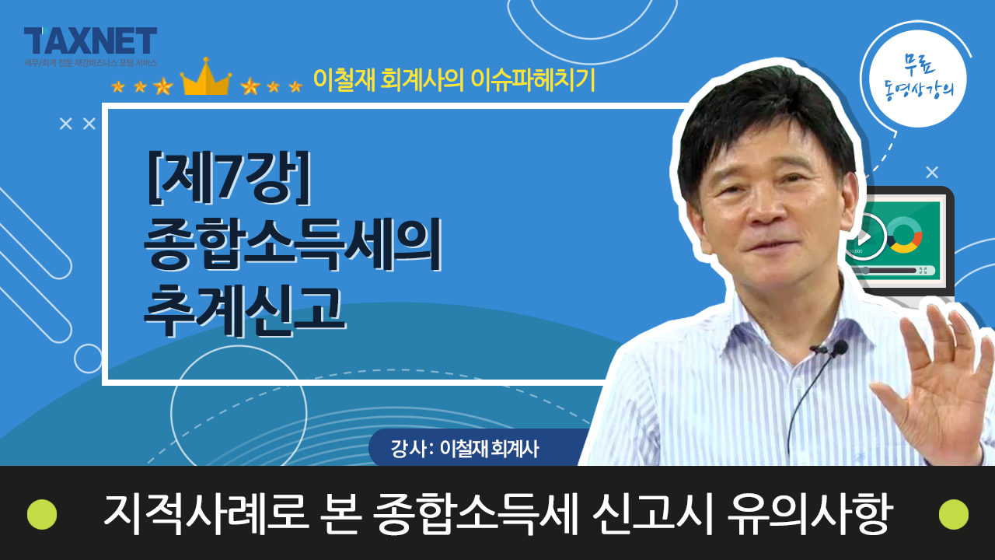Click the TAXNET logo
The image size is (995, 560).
click(x=90, y=41)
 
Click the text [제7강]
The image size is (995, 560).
click(x=229, y=178)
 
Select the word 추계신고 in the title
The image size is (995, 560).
click(x=244, y=310)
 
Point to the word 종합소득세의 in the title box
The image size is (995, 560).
click(x=292, y=244)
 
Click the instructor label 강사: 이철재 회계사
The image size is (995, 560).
click(x=465, y=449)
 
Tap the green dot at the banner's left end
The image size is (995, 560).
click(x=42, y=514)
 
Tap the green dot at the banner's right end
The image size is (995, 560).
click(x=954, y=514)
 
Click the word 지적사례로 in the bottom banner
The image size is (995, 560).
click(x=206, y=514)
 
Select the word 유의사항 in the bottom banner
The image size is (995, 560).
click(x=809, y=514)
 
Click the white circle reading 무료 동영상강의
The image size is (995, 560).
click(x=918, y=79)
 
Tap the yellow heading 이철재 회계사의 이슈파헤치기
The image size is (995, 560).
click(x=454, y=80)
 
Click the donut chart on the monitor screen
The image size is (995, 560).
click(x=904, y=235)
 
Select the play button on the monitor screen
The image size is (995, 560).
click(x=866, y=236)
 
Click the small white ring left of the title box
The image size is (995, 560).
click(x=88, y=359)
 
